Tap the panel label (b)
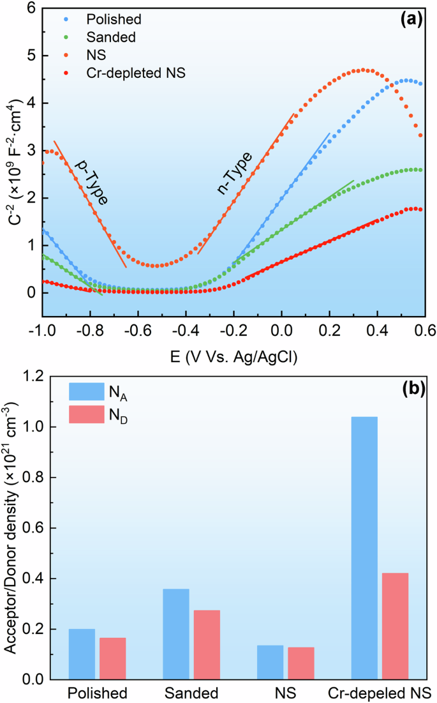click(x=409, y=388)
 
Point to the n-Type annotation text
click(x=235, y=174)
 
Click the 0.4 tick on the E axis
click(x=377, y=331)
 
